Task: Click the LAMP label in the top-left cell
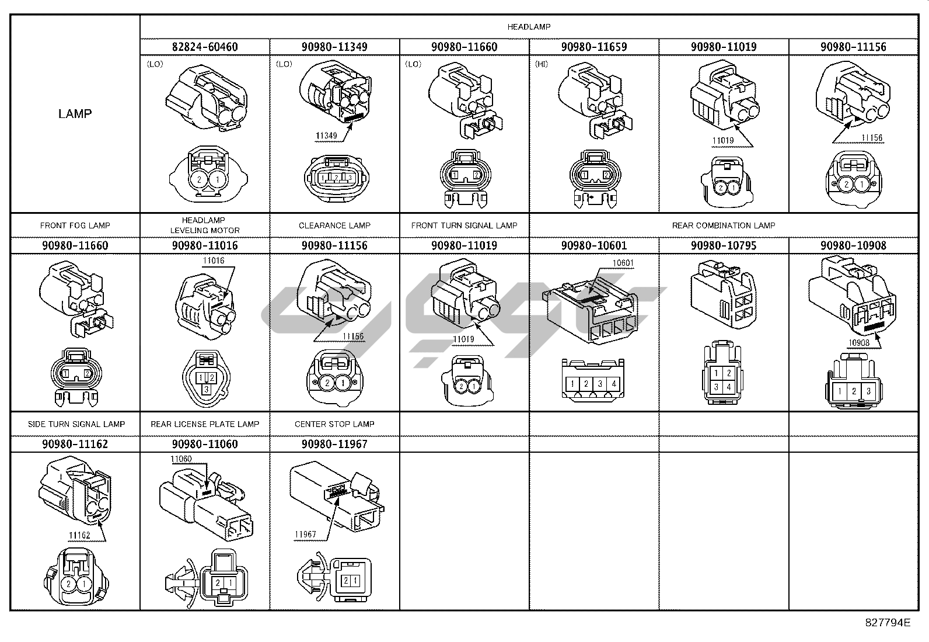pyautogui.click(x=75, y=114)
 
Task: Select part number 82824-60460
pyautogui.click(x=205, y=47)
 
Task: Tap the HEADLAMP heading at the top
pyautogui.click(x=529, y=27)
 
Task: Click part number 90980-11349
pyautogui.click(x=334, y=47)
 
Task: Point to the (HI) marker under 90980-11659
pyautogui.click(x=542, y=64)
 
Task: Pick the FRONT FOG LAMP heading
pyautogui.click(x=75, y=225)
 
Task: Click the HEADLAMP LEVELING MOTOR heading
pyautogui.click(x=205, y=225)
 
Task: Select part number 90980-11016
pyautogui.click(x=205, y=245)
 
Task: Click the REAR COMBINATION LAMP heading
pyautogui.click(x=724, y=225)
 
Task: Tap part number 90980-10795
pyautogui.click(x=724, y=245)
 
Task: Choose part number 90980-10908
pyautogui.click(x=853, y=245)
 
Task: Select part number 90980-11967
pyautogui.click(x=334, y=444)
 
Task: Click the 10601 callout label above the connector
pyautogui.click(x=623, y=263)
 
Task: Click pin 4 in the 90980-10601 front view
pyautogui.click(x=613, y=384)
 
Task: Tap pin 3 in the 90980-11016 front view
pyautogui.click(x=206, y=388)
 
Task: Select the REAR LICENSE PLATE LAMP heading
pyautogui.click(x=205, y=424)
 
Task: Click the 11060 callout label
pyautogui.click(x=181, y=459)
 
